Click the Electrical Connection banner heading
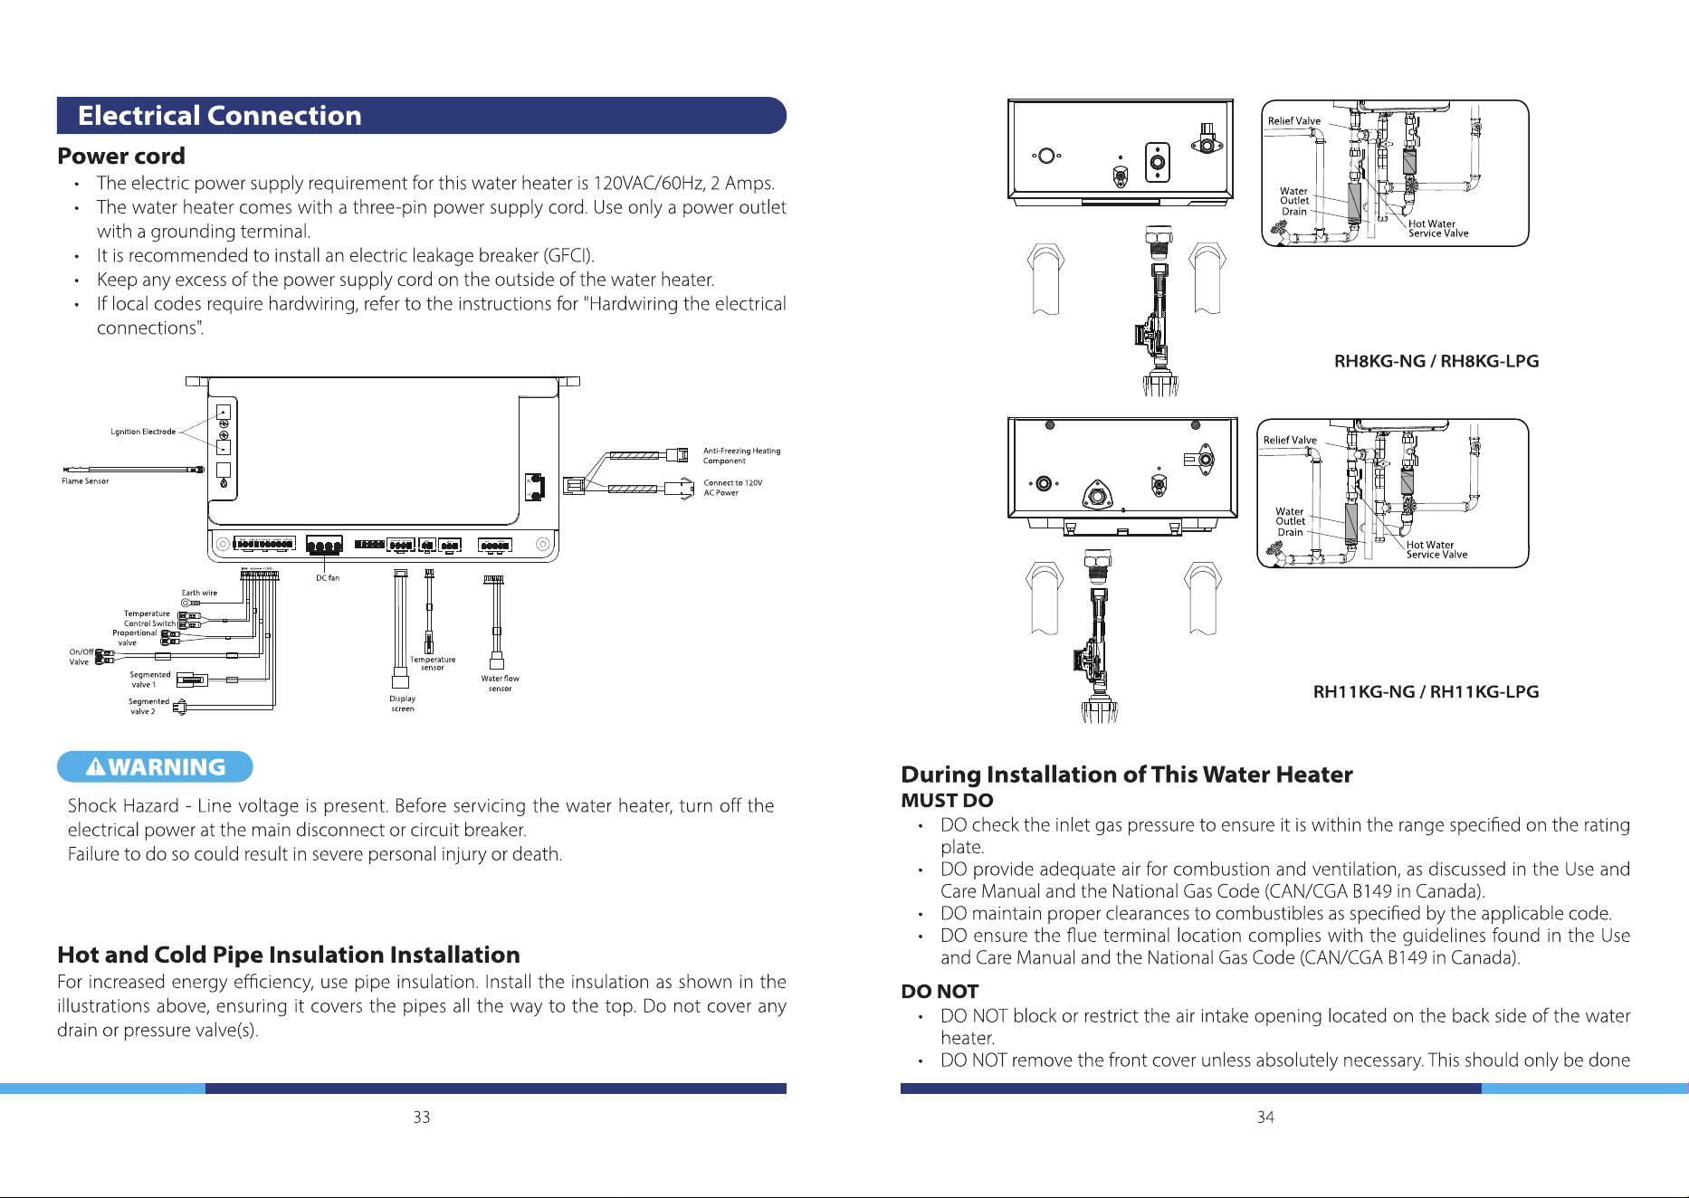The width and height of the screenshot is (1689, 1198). click(x=220, y=116)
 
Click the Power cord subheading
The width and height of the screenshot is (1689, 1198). click(x=121, y=156)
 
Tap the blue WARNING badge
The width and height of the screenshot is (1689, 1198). click(x=155, y=766)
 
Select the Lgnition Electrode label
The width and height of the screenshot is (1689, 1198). click(x=143, y=432)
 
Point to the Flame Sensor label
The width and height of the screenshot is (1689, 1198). click(x=85, y=481)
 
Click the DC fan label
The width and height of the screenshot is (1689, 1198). click(x=328, y=577)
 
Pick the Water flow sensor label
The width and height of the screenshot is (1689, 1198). click(x=500, y=683)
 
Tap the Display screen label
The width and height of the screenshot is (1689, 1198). click(x=403, y=703)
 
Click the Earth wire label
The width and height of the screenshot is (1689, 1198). click(x=199, y=593)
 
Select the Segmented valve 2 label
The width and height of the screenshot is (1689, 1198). click(x=148, y=707)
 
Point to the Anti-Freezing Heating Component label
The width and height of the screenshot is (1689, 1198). click(x=741, y=455)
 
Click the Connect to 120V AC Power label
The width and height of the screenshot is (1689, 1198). click(x=733, y=488)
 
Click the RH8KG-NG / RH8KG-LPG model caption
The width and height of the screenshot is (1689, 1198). click(x=1436, y=361)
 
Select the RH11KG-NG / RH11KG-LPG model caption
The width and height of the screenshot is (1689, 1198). click(x=1426, y=691)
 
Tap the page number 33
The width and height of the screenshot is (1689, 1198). click(x=422, y=1117)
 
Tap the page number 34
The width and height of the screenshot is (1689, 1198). click(x=1265, y=1117)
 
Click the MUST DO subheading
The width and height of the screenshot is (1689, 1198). click(x=947, y=801)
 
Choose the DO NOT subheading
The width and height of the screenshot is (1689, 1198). click(x=940, y=992)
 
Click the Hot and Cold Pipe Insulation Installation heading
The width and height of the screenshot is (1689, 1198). click(x=289, y=955)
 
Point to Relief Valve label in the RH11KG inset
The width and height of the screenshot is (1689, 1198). click(x=1290, y=441)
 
